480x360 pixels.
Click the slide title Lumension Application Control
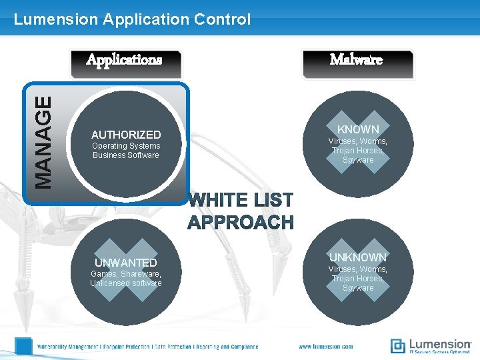click(132, 19)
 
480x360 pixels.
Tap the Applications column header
click(124, 60)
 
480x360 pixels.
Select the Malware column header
click(357, 60)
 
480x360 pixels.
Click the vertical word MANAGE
click(43, 142)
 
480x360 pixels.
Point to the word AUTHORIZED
click(126, 135)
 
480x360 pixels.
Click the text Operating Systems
click(126, 146)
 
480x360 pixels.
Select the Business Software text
click(126, 155)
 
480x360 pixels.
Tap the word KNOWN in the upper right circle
click(358, 129)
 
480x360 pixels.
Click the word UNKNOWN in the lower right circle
click(358, 257)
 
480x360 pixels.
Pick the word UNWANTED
click(126, 263)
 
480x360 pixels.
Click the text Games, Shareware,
click(126, 273)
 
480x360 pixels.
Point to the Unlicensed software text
click(126, 283)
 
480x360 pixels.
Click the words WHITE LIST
click(241, 200)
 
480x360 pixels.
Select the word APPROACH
click(241, 222)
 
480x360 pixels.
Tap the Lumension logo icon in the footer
click(397, 346)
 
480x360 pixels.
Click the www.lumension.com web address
click(326, 347)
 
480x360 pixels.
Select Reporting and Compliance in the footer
click(226, 347)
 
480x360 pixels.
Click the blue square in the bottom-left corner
click(24, 346)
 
